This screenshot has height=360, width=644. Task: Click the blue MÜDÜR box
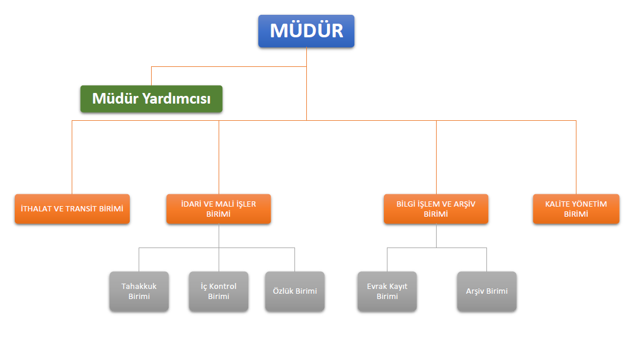click(306, 31)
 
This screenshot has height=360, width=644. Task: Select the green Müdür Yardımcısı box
click(151, 99)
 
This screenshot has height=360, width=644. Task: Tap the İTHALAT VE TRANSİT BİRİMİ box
click(72, 209)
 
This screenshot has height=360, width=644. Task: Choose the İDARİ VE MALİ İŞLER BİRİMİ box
click(219, 209)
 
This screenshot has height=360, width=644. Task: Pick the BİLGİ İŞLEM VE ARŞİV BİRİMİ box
click(435, 209)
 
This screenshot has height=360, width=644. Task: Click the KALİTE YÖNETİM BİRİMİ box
click(576, 209)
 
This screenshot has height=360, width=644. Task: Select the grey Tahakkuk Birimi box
click(139, 291)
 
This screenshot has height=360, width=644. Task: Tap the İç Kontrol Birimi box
click(219, 291)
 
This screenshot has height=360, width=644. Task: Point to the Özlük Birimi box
click(294, 291)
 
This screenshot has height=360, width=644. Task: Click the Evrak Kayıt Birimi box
click(387, 291)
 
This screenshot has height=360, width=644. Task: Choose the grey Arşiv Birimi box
click(486, 291)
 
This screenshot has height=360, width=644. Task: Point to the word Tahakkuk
click(139, 287)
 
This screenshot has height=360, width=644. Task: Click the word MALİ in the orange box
click(219, 204)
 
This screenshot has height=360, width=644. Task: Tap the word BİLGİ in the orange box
click(408, 204)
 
